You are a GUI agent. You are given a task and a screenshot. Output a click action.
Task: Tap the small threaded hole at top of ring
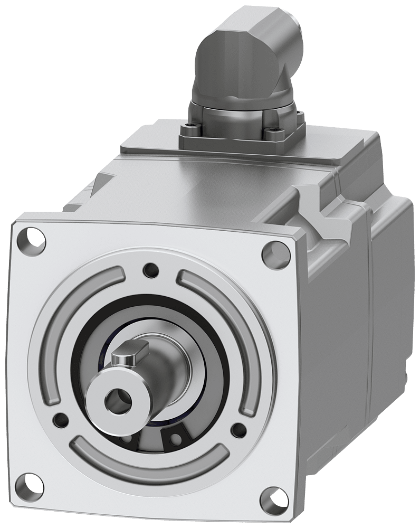pyautogui.click(x=151, y=270)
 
